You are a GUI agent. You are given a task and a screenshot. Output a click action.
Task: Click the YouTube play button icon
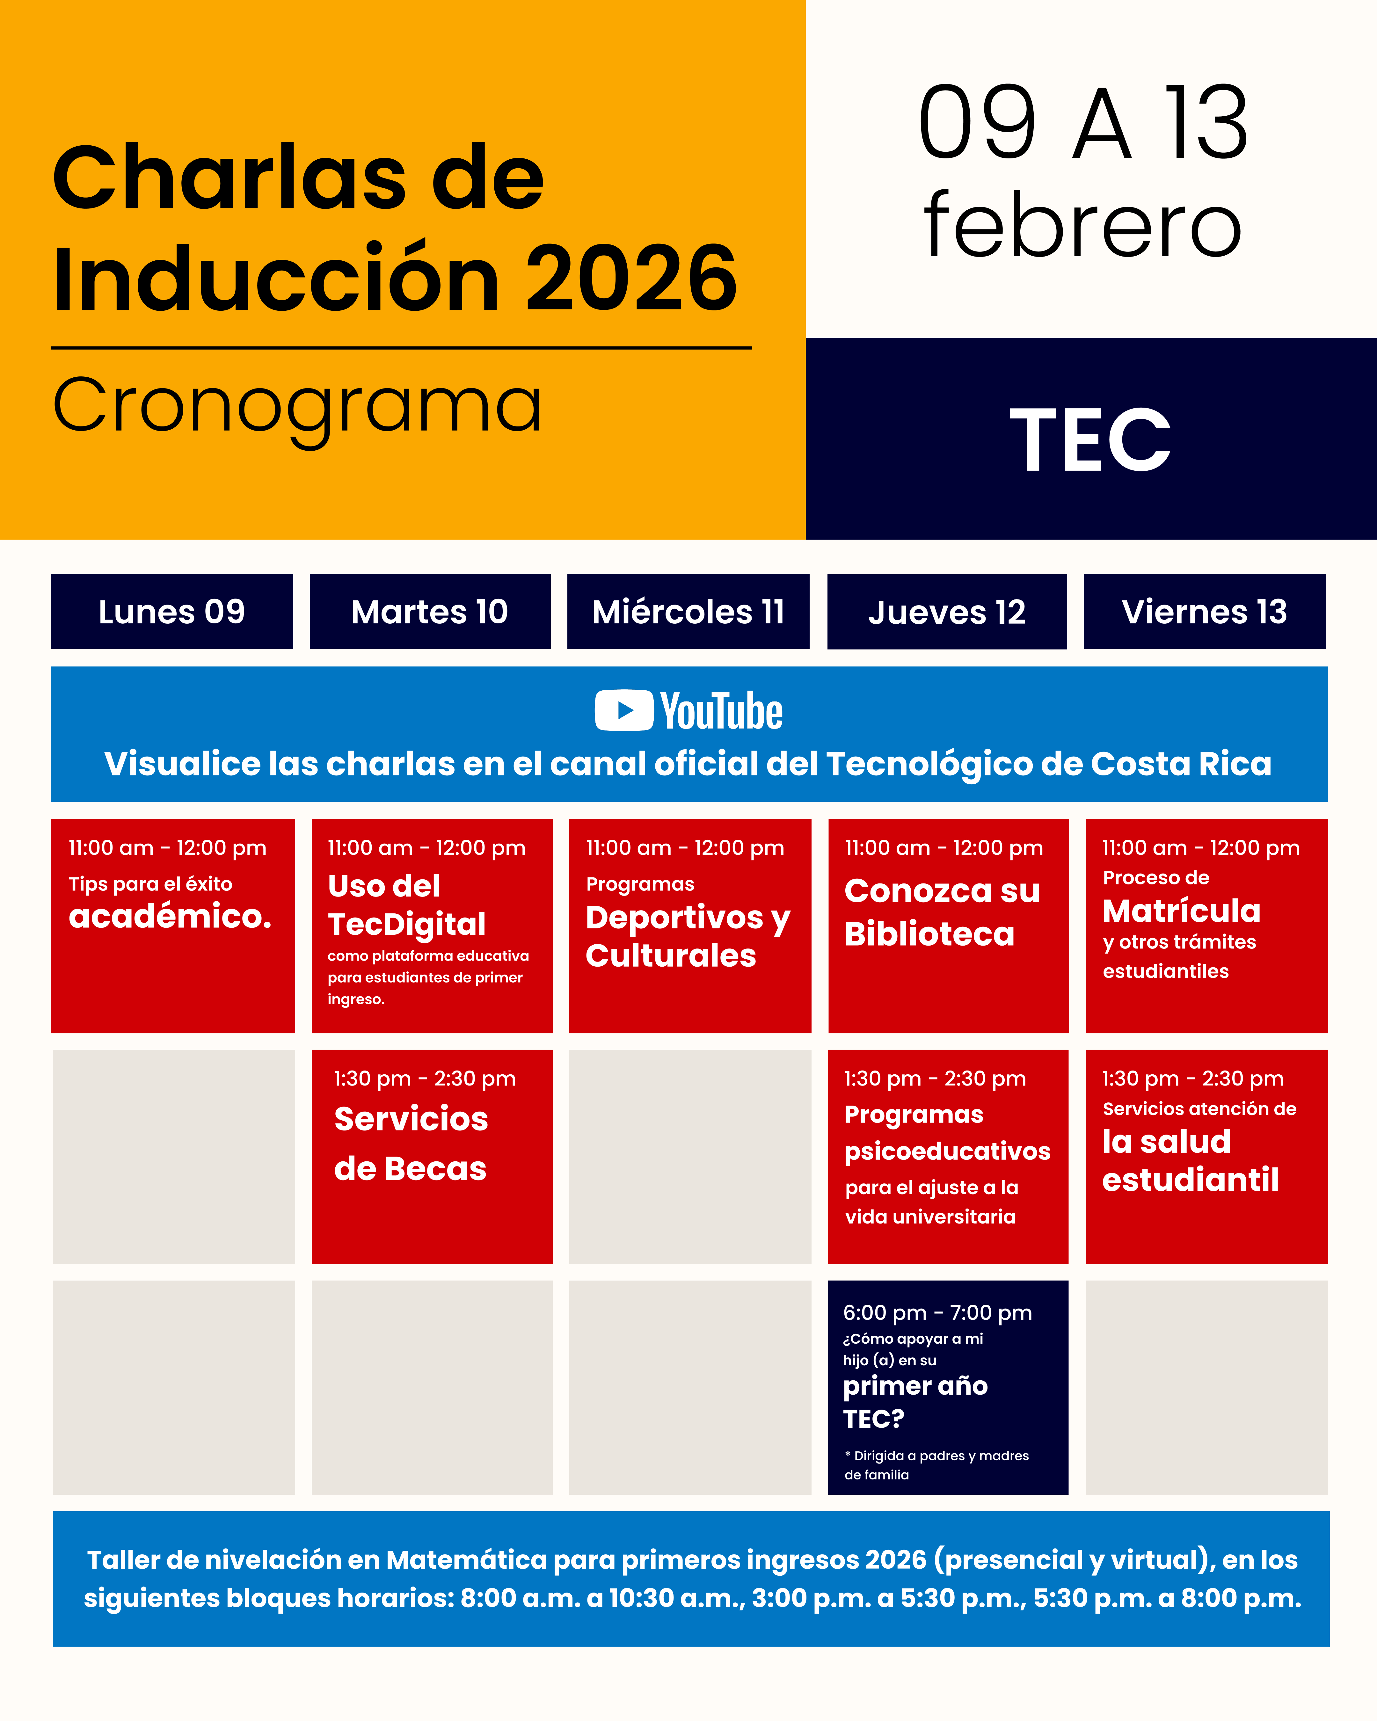[x=624, y=710]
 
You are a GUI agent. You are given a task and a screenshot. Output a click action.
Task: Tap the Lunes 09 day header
[x=171, y=612]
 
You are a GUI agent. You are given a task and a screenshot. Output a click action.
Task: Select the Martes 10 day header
[x=429, y=612]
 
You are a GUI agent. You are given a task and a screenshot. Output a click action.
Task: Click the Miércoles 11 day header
[x=688, y=612]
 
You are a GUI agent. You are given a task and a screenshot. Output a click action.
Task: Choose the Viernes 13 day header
[x=1205, y=612]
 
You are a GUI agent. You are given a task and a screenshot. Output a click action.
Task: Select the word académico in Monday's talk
[x=170, y=916]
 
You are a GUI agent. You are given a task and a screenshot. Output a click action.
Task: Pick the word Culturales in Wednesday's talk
[x=671, y=955]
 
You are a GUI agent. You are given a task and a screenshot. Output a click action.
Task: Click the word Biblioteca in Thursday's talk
[x=929, y=934]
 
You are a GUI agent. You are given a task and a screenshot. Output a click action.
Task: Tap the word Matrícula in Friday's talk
[x=1181, y=911]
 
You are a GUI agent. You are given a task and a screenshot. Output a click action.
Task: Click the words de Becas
[x=410, y=1169]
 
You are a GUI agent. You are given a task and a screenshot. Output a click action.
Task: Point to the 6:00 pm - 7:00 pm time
[x=937, y=1313]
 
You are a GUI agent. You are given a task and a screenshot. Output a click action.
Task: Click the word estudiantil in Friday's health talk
[x=1190, y=1180]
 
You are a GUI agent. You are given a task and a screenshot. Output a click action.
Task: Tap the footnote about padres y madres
[x=936, y=1465]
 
